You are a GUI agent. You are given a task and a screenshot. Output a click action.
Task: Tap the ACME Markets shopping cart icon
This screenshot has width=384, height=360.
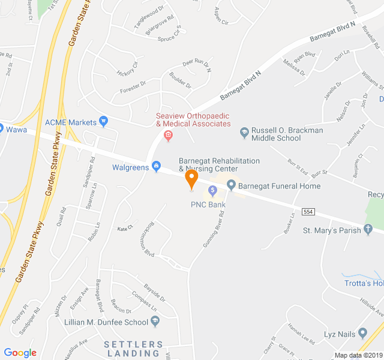[103, 122]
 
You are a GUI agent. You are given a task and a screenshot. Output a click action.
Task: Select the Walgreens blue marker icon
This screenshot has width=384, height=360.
[157, 166]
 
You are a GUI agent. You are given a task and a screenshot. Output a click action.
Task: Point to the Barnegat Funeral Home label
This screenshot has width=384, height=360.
[279, 186]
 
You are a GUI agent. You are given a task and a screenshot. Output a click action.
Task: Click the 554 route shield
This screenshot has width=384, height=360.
[308, 212]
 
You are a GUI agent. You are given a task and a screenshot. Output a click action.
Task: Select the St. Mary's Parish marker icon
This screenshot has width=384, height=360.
[369, 230]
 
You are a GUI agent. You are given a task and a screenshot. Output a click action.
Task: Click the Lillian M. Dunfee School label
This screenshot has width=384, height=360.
[106, 322]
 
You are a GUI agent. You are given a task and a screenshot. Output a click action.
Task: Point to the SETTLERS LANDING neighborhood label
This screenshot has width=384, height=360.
[133, 349]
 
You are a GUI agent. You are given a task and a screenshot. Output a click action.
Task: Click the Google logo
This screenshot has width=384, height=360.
[20, 353]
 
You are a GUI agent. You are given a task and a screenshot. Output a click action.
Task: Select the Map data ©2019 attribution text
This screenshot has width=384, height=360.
[358, 355]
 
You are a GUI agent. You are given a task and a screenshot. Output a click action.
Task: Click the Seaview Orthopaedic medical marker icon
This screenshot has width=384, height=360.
[168, 135]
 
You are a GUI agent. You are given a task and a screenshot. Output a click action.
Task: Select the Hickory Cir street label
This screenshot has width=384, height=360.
[128, 68]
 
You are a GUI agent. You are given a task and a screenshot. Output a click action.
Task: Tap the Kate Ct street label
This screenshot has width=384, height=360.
[124, 229]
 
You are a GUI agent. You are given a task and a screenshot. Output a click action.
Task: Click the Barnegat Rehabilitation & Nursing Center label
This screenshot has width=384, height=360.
[219, 165]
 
